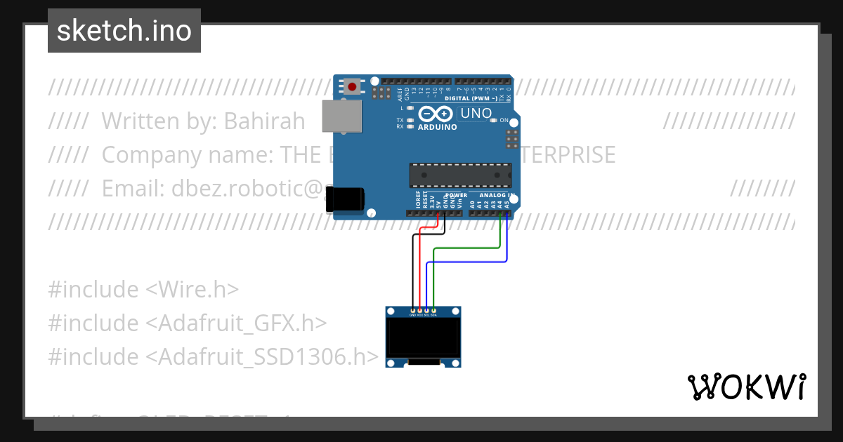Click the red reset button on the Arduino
click(351, 86)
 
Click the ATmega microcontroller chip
click(460, 175)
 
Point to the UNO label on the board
click(476, 113)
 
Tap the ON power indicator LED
click(494, 121)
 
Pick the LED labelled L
click(410, 108)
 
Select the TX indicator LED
click(410, 120)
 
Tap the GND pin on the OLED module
click(412, 310)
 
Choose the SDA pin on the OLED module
click(433, 310)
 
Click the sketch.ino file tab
click(124, 31)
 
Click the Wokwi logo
click(746, 387)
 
